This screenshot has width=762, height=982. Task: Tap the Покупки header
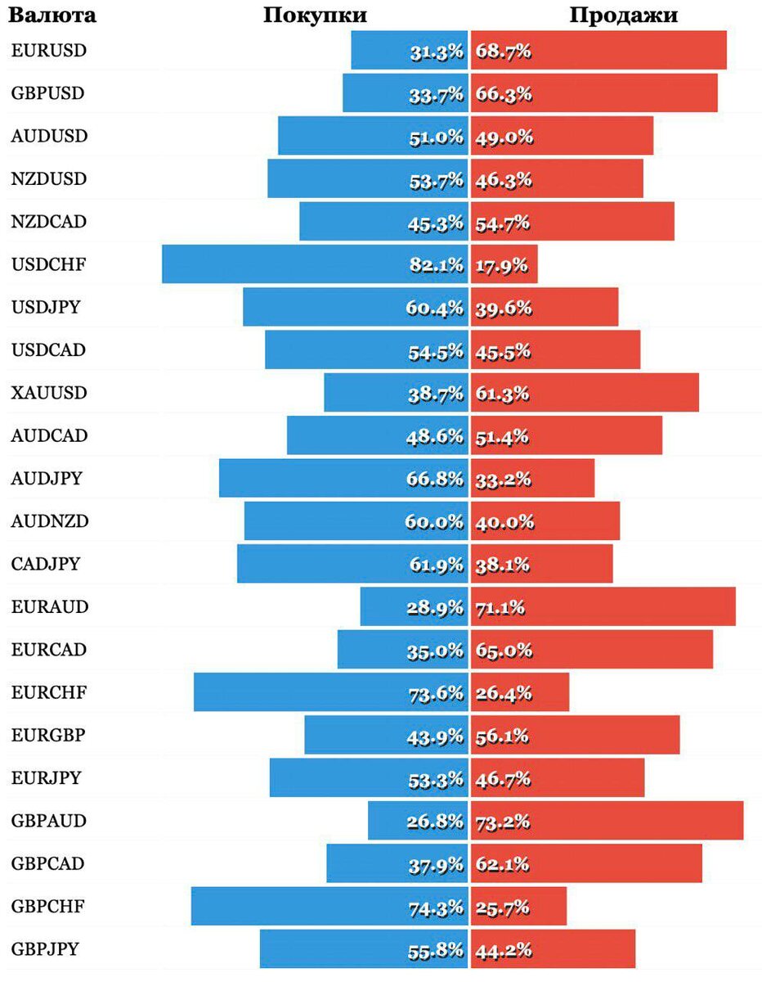(315, 15)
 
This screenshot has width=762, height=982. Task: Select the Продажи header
(623, 15)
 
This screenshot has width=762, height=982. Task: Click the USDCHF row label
(49, 264)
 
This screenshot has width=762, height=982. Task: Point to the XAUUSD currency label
(49, 393)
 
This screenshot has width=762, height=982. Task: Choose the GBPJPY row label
(46, 949)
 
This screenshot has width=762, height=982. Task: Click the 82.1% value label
(435, 265)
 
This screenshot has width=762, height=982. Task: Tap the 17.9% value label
(501, 265)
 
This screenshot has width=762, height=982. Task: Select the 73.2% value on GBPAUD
(503, 822)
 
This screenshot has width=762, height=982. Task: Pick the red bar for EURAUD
(638, 607)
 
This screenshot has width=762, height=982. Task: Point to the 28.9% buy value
(435, 607)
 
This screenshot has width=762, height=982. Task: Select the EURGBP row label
(48, 735)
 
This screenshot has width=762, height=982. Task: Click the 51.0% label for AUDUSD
(436, 137)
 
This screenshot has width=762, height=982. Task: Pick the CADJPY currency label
(47, 564)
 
